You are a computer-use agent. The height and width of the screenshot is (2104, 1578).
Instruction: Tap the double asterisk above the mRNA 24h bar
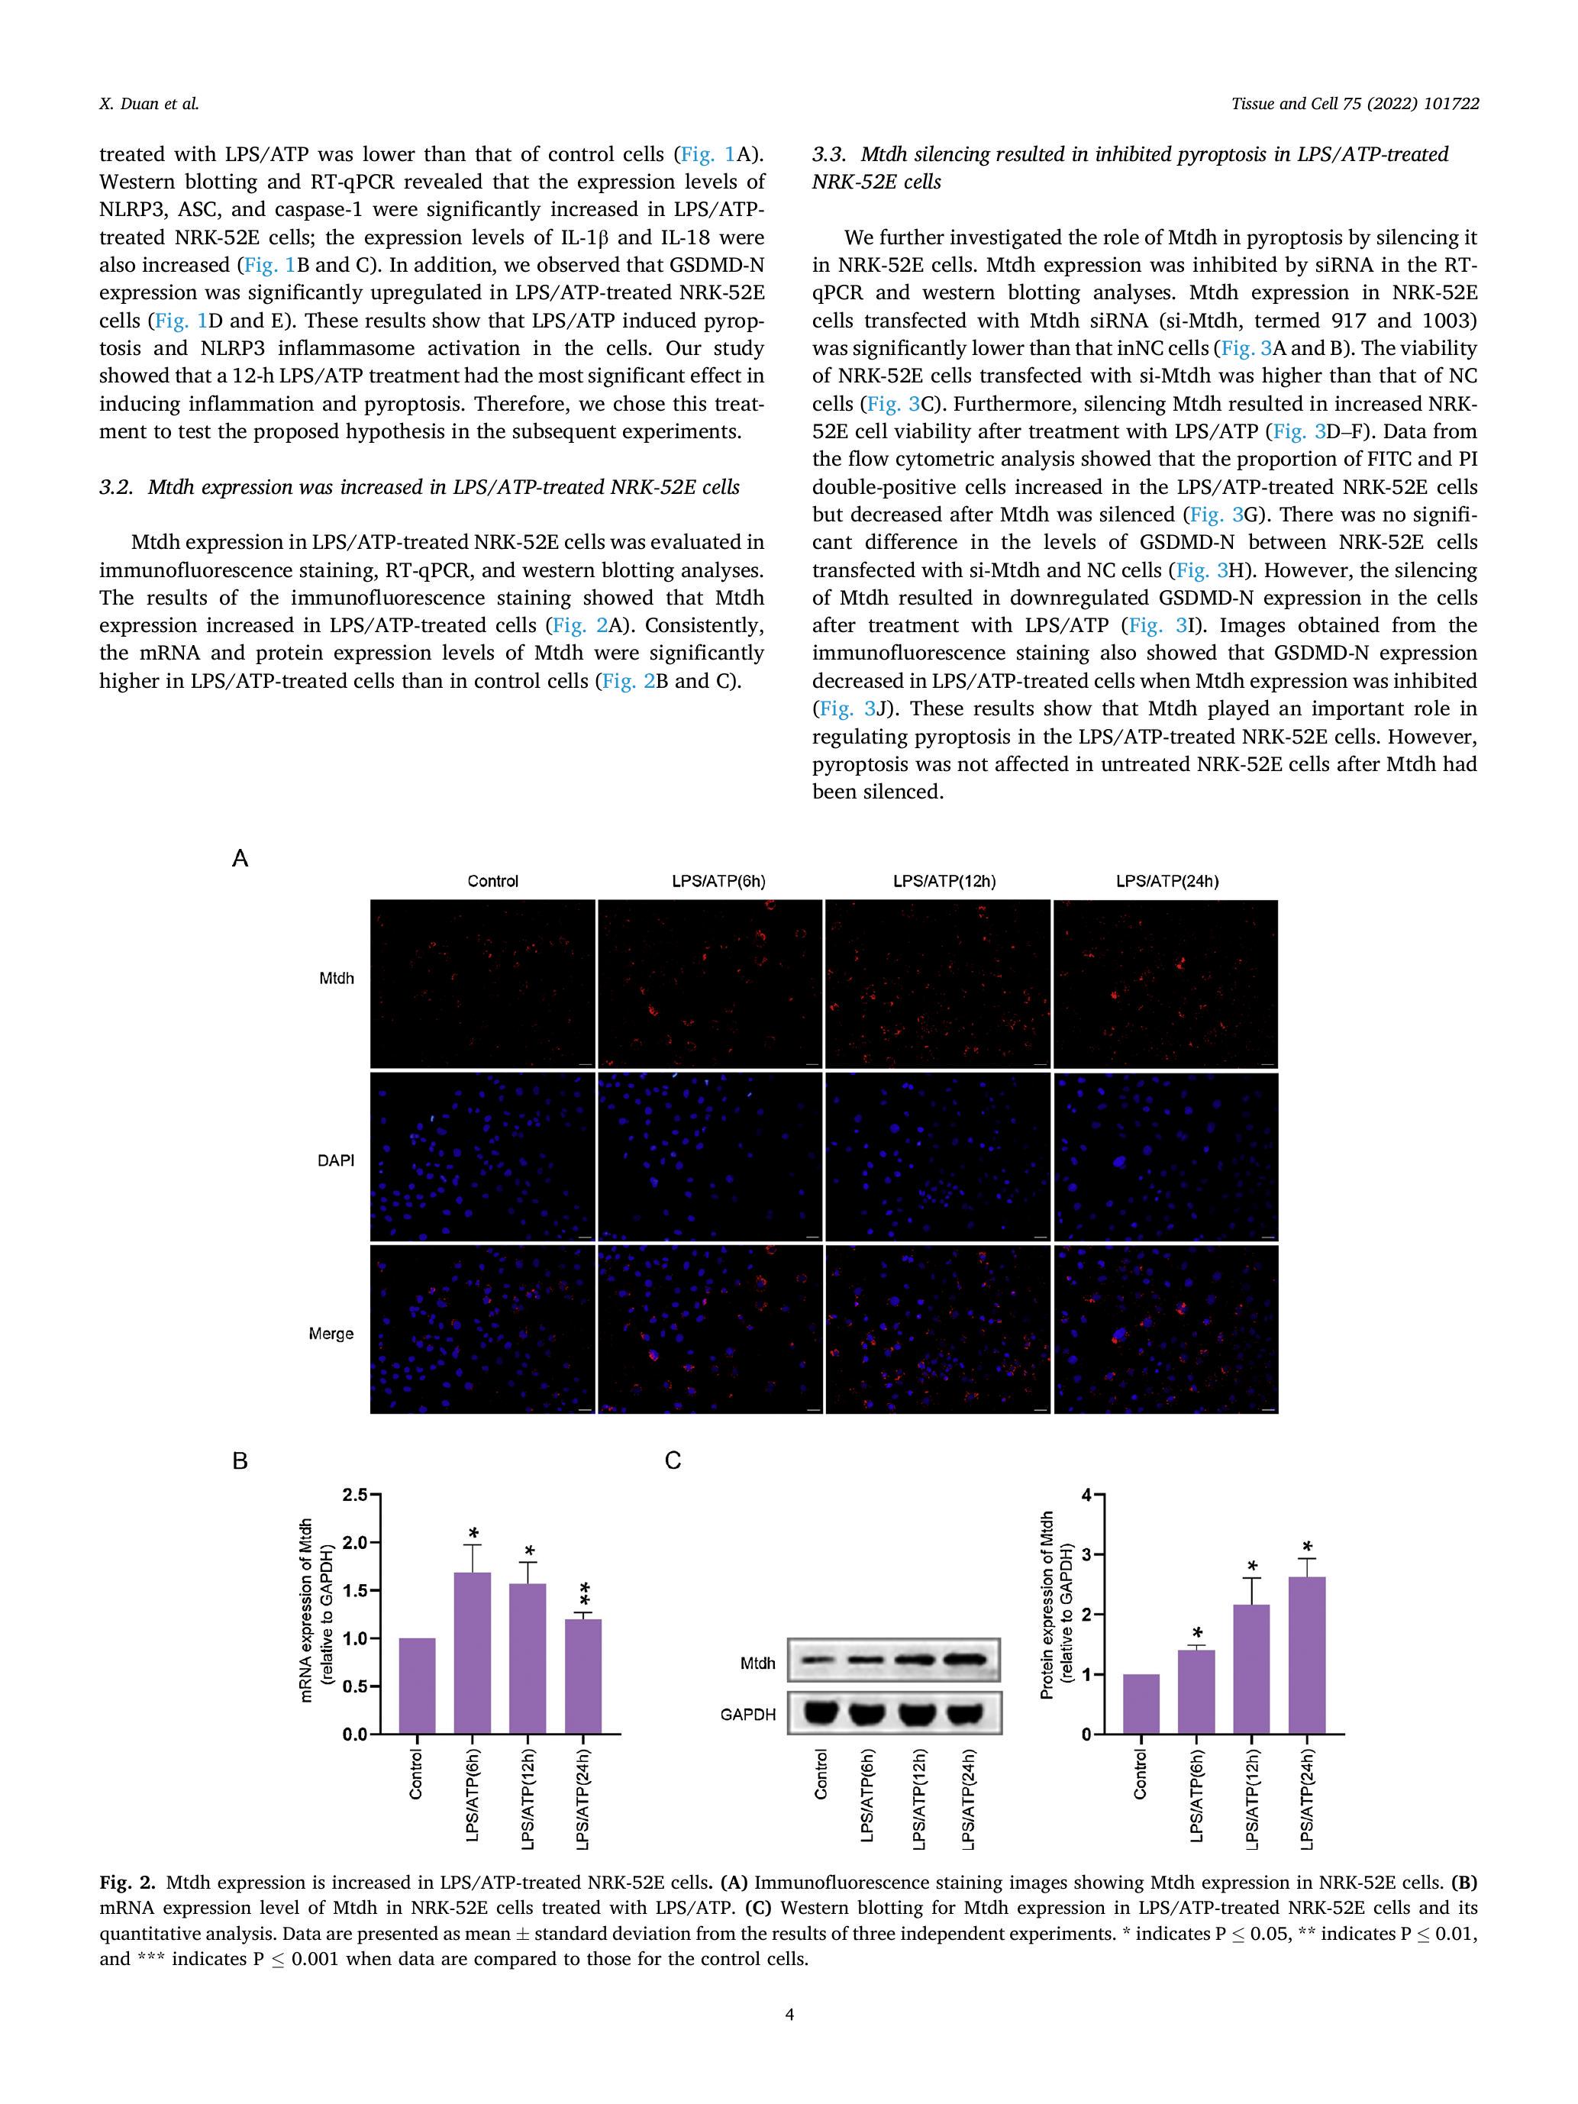point(584,1591)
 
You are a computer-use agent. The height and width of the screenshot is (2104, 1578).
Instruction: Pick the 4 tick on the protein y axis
point(1087,1496)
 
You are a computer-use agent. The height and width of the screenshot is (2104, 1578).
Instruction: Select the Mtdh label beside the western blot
point(757,1664)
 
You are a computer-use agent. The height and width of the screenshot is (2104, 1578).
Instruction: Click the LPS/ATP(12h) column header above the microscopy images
point(944,882)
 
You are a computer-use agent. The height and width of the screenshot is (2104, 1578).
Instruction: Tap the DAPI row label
point(336,1160)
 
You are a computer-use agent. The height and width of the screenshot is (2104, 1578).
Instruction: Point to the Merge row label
point(331,1334)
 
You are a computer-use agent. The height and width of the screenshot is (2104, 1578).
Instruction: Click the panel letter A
point(240,859)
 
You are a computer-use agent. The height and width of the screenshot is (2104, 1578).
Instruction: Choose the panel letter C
point(673,1460)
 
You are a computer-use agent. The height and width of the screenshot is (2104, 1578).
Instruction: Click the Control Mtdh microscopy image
point(482,983)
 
